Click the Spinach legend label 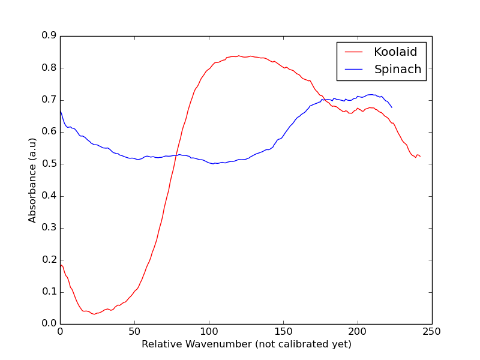click(398, 70)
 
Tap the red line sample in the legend click(354, 52)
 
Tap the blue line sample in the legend click(354, 70)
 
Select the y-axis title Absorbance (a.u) click(32, 180)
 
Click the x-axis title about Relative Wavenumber click(246, 344)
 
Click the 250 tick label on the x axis click(432, 331)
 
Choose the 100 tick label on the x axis click(209, 331)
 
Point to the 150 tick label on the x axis click(283, 331)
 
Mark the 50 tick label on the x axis click(134, 331)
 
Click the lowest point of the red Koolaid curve click(94, 314)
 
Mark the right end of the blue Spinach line click(392, 107)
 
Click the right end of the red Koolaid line click(421, 157)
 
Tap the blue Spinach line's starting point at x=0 click(60, 111)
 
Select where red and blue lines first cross click(176, 155)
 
